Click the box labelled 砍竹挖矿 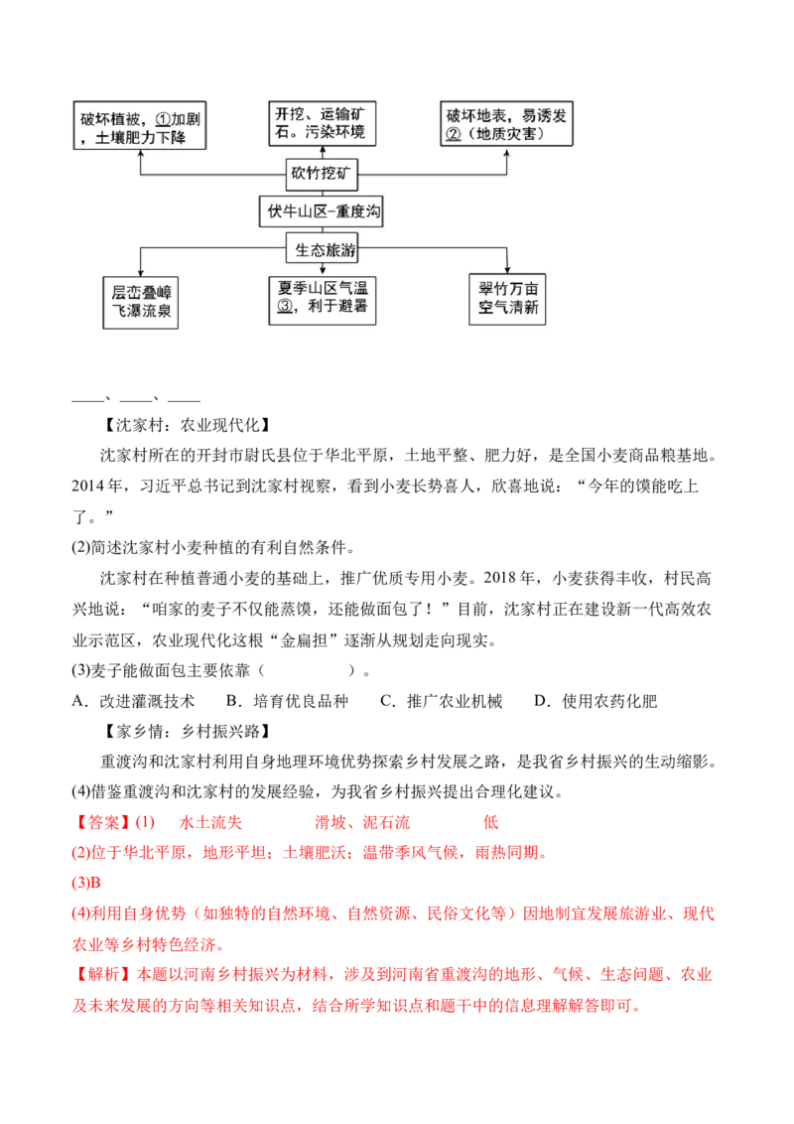pyautogui.click(x=321, y=174)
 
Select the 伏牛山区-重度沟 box pyautogui.click(x=321, y=212)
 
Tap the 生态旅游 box pyautogui.click(x=321, y=249)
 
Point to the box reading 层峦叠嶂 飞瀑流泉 pyautogui.click(x=141, y=303)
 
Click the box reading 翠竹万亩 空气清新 pyautogui.click(x=507, y=299)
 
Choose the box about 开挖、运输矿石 pyautogui.click(x=323, y=123)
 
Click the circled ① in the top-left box pyautogui.click(x=163, y=120)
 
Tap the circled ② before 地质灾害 pyautogui.click(x=453, y=134)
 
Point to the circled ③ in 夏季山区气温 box pyautogui.click(x=285, y=306)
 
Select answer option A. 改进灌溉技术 pyautogui.click(x=133, y=701)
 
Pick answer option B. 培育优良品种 pyautogui.click(x=288, y=701)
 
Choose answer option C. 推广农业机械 pyautogui.click(x=442, y=701)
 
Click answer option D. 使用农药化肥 pyautogui.click(x=596, y=701)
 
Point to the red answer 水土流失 pyautogui.click(x=210, y=822)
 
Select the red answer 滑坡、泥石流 pyautogui.click(x=362, y=822)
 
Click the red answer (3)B pyautogui.click(x=86, y=883)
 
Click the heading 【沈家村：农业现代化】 pyautogui.click(x=187, y=425)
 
